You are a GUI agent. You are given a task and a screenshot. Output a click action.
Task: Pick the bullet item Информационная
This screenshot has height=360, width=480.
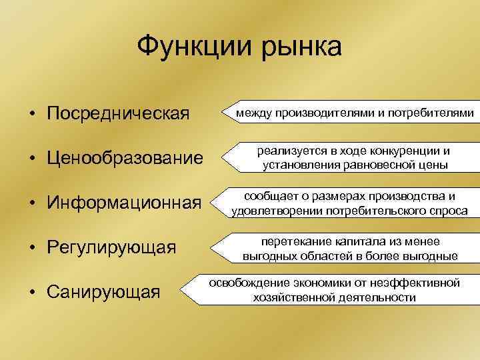coord(124,203)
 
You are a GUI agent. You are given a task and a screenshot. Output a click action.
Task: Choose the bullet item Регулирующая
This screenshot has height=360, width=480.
coord(111,248)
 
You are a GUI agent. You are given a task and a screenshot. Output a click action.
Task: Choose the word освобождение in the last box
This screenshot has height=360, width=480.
coord(246,283)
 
